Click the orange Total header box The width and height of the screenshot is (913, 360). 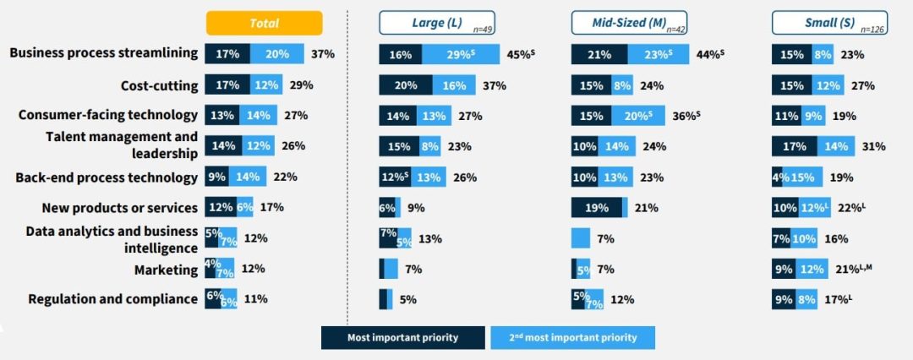264,23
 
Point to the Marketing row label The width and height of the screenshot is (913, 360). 166,270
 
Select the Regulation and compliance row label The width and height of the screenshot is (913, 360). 113,298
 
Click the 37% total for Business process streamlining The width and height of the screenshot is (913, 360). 322,54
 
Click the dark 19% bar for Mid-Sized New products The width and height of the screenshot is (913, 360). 596,208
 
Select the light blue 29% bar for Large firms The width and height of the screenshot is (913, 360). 462,55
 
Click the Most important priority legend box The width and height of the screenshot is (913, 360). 402,338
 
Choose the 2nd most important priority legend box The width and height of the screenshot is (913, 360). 572,338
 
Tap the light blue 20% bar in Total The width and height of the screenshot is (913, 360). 276,54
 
